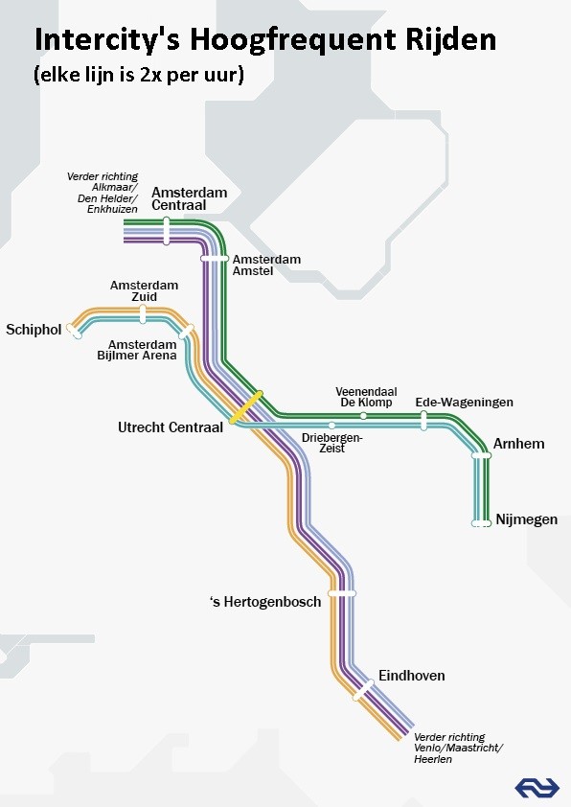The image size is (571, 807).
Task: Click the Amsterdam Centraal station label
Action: coord(189,198)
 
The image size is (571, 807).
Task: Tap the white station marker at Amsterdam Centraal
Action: coord(167,231)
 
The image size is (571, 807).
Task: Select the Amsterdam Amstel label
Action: coord(266,265)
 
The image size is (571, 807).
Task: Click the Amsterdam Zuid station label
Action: coord(144,291)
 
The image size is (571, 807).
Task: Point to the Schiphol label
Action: coord(34,330)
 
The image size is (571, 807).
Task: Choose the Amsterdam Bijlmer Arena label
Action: coord(142,350)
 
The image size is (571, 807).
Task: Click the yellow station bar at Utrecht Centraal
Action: coord(245,406)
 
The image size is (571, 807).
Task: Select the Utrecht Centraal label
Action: coord(171,427)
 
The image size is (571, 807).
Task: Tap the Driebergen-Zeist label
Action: coord(331,442)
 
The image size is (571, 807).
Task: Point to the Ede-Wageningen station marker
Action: coord(423,420)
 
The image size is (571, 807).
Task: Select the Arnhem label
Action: coord(518,444)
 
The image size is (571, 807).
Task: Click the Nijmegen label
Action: coord(526,520)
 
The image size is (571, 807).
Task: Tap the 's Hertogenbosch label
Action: coord(265,602)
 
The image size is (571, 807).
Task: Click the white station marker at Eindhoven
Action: coord(363,688)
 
